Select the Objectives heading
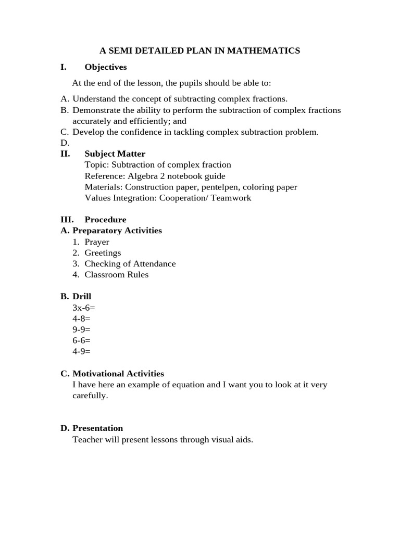point(105,67)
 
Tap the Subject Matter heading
point(115,154)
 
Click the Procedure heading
point(105,220)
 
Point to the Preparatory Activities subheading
point(117,231)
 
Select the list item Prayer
point(97,242)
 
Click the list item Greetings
point(103,253)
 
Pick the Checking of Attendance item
point(130,264)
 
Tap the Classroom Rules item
point(116,275)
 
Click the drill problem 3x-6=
point(84,308)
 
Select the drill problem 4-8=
point(81,319)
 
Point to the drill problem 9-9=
point(81,329)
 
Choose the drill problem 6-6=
point(81,340)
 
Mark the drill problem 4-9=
point(81,351)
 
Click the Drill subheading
point(82,297)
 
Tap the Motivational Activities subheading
point(118,374)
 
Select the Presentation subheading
point(97,428)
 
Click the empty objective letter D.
point(65,143)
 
